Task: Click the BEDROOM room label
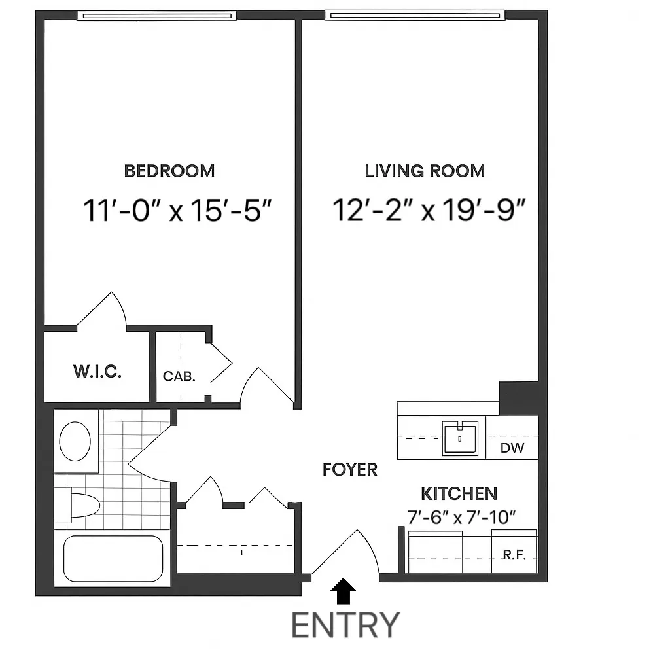click(x=169, y=171)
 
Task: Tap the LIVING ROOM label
click(x=425, y=171)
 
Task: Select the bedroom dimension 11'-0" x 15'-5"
click(x=177, y=211)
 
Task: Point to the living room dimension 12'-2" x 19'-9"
click(x=430, y=211)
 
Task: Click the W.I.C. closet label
click(x=97, y=372)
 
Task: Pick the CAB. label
click(x=179, y=376)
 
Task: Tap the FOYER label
click(x=350, y=469)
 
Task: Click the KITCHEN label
click(x=459, y=493)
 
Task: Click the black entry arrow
click(x=344, y=592)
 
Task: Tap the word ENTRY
click(x=345, y=625)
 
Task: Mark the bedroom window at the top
click(x=155, y=15)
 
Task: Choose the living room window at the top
click(x=415, y=15)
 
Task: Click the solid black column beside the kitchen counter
click(x=520, y=398)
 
